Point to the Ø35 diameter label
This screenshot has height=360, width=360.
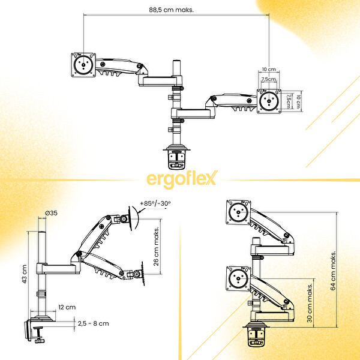(x=52, y=213)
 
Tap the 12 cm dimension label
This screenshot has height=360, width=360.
(x=71, y=307)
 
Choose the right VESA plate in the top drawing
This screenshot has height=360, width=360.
(x=270, y=100)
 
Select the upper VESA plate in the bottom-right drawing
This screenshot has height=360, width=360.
(x=239, y=211)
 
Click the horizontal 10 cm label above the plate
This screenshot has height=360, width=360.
(x=268, y=70)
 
